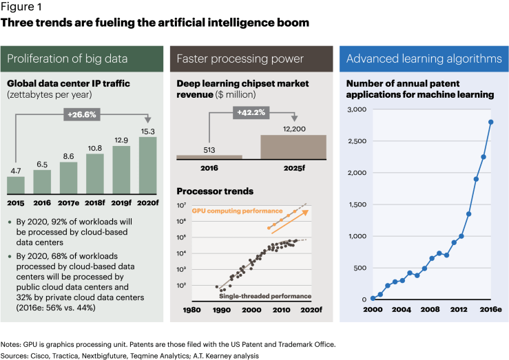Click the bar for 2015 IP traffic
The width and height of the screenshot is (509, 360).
(x=16, y=185)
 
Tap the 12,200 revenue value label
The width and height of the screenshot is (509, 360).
(x=293, y=128)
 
